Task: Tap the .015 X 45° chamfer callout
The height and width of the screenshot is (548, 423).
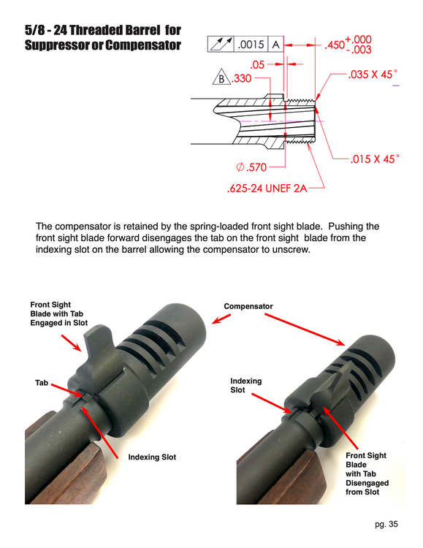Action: (x=373, y=159)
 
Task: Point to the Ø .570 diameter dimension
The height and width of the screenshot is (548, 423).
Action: (x=251, y=167)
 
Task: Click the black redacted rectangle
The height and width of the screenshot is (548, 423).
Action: (x=91, y=108)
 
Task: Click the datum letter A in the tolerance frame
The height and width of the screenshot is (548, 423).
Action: (x=277, y=45)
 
